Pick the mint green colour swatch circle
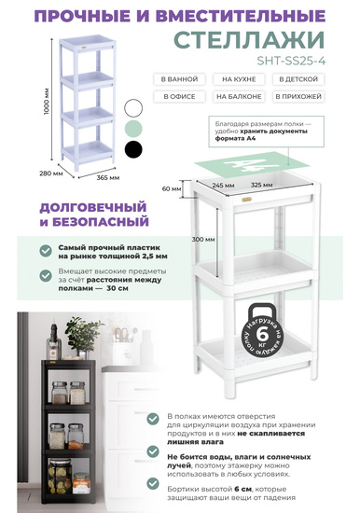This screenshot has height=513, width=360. click(x=135, y=128)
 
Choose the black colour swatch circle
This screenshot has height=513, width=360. click(x=135, y=148)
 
